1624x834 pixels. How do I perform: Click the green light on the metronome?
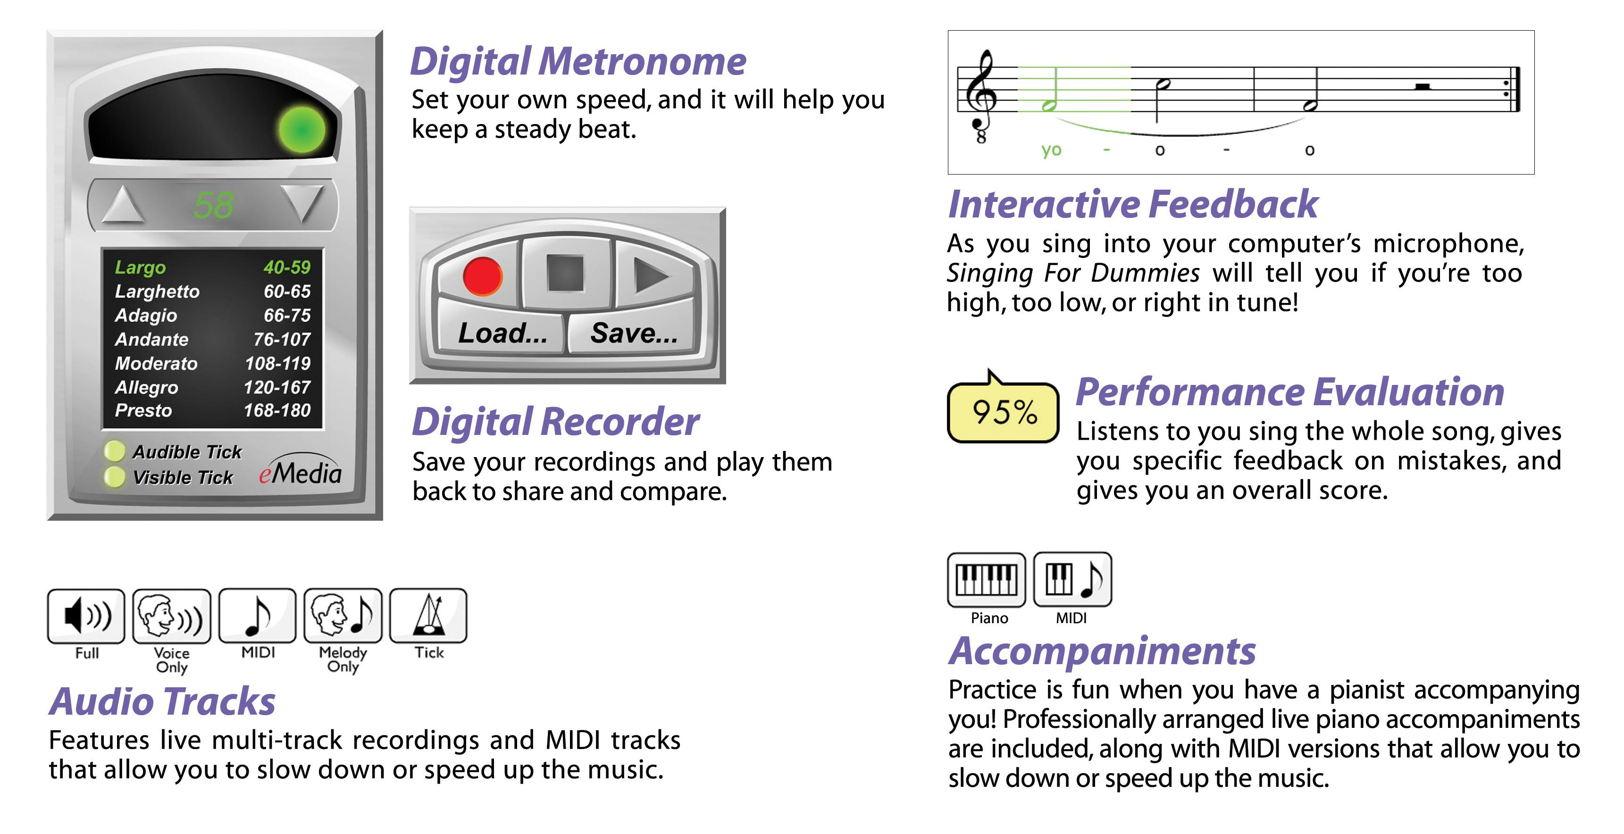pyautogui.click(x=302, y=130)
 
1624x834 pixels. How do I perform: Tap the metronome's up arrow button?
pyautogui.click(x=123, y=205)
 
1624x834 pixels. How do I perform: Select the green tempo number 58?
pyautogui.click(x=214, y=206)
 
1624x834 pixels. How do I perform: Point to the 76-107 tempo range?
pyautogui.click(x=281, y=339)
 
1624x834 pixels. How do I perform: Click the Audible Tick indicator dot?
pyautogui.click(x=114, y=451)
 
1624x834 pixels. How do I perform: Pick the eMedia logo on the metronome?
pyautogui.click(x=300, y=473)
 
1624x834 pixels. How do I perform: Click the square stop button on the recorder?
pyautogui.click(x=566, y=274)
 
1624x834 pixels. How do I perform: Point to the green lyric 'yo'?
pyautogui.click(x=1051, y=150)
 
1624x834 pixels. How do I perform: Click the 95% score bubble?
pyautogui.click(x=1004, y=412)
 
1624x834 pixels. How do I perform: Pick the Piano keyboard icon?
pyautogui.click(x=987, y=579)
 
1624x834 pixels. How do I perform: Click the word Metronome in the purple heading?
pyautogui.click(x=642, y=62)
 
